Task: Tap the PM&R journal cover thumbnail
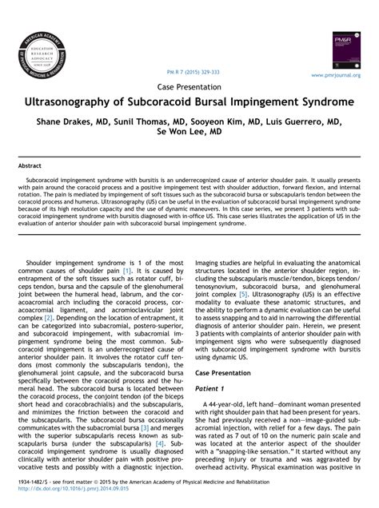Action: (x=345, y=50)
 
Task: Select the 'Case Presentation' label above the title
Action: (x=189, y=86)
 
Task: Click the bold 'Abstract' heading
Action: (x=30, y=166)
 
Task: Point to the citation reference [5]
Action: (x=242, y=293)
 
